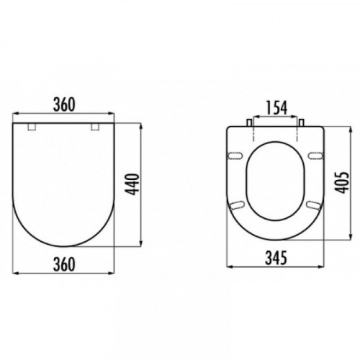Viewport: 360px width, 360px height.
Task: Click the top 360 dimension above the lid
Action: click(x=64, y=105)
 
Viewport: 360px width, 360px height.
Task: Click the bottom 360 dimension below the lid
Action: click(x=64, y=264)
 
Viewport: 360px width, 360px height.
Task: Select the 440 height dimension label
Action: click(x=132, y=184)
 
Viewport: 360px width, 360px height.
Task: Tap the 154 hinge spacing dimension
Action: click(x=276, y=108)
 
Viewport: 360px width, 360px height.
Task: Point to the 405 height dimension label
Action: click(x=341, y=183)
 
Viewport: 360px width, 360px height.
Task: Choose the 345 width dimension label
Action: click(x=276, y=258)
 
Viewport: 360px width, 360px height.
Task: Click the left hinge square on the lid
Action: click(x=32, y=127)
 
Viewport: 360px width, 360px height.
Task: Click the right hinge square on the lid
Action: click(x=95, y=127)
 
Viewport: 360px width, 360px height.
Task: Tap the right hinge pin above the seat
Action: click(x=302, y=122)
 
